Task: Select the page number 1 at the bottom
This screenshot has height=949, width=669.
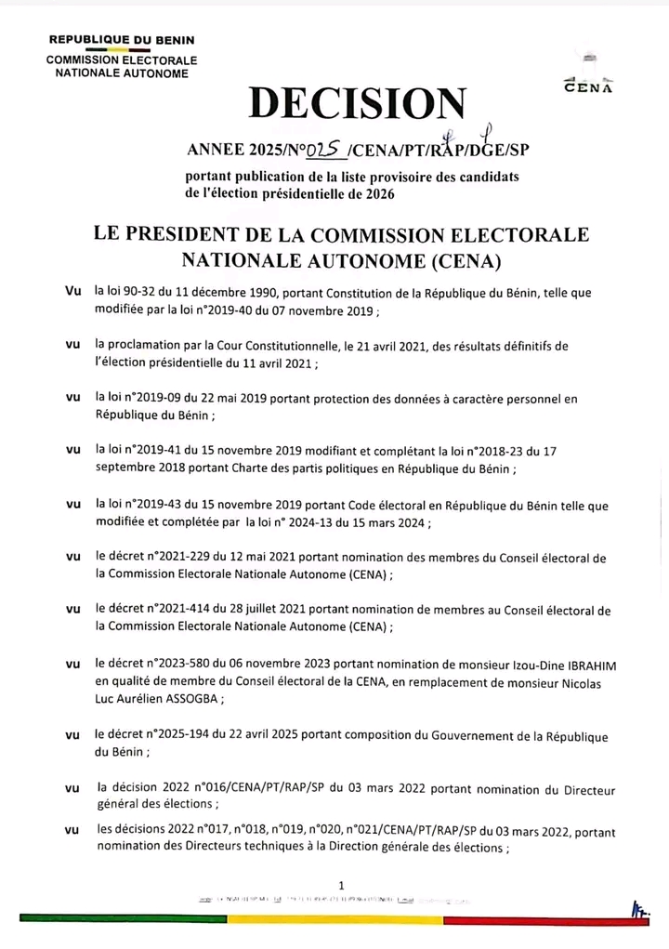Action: [x=343, y=884]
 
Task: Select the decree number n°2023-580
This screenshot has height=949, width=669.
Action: [x=188, y=665]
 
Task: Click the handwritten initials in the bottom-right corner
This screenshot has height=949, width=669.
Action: [x=638, y=906]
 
